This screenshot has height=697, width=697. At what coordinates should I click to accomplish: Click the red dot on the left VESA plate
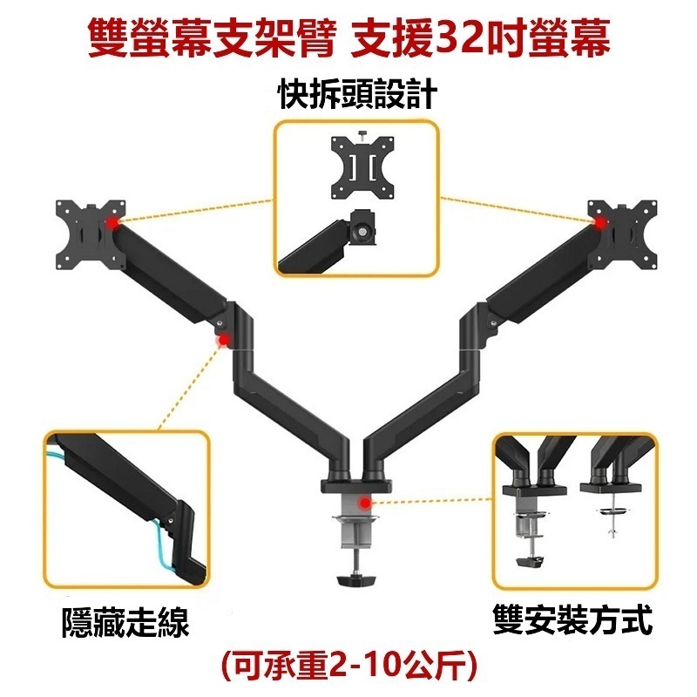[113, 222]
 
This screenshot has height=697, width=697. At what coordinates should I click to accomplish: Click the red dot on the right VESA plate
[600, 222]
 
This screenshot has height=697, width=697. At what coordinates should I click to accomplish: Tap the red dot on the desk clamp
[365, 504]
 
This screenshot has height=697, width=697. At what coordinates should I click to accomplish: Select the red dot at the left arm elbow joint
[224, 341]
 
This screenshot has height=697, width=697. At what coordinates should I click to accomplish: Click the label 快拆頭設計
[358, 94]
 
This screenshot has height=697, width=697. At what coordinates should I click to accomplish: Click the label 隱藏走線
[126, 622]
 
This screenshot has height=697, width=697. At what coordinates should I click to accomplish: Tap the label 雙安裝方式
[573, 619]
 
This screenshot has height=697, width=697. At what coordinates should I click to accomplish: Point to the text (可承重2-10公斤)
[348, 666]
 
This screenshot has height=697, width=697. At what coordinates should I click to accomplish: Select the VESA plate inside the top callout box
[362, 167]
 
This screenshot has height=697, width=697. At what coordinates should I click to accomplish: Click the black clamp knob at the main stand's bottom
[356, 579]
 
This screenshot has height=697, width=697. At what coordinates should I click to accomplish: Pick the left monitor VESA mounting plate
[91, 234]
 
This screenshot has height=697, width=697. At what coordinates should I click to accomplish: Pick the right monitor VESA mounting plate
[622, 234]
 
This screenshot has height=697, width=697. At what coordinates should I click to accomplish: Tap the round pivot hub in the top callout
[363, 232]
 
